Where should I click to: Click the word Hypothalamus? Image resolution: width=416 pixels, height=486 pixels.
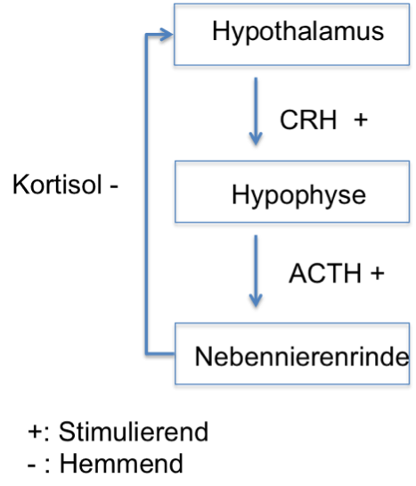click(298, 33)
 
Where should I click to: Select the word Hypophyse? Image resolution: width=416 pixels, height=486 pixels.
click(298, 195)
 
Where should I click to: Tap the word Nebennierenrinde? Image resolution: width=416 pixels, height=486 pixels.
click(302, 357)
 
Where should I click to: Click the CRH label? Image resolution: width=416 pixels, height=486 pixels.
click(308, 120)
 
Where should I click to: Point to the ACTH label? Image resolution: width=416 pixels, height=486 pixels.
click(325, 274)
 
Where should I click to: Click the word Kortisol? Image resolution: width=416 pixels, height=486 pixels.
click(57, 185)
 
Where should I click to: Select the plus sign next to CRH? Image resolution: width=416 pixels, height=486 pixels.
click(361, 119)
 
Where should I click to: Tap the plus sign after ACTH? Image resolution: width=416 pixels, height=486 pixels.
click(378, 274)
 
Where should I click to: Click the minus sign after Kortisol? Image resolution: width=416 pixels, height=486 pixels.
click(114, 186)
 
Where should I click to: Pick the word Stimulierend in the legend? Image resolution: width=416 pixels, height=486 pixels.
click(134, 432)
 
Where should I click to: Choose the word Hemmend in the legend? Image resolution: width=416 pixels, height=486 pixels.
click(121, 463)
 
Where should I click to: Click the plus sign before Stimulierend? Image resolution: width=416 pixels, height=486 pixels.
click(35, 432)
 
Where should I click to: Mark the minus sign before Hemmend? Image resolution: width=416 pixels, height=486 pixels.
click(31, 465)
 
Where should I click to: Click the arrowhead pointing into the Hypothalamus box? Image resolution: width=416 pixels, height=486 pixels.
click(166, 35)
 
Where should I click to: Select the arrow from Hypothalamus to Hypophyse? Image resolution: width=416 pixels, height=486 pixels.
click(256, 111)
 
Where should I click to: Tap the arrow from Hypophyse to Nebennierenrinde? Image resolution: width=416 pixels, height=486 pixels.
click(256, 271)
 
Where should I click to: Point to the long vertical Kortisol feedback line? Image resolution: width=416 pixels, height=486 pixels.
click(146, 194)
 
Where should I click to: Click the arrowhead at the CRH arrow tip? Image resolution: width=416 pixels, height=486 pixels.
click(256, 139)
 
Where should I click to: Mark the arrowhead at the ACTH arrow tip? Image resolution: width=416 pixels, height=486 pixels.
click(256, 301)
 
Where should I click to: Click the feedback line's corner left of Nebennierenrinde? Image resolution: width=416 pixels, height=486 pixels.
click(146, 353)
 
